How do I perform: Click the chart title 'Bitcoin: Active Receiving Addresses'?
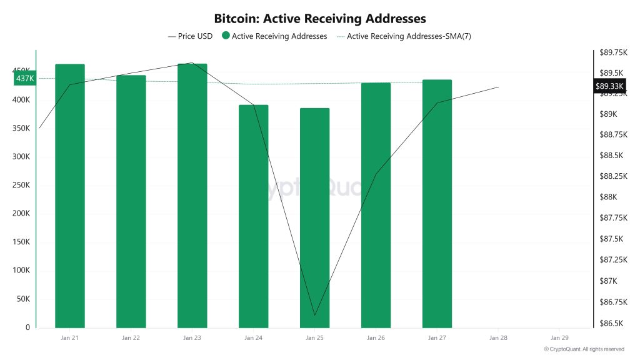[319, 19]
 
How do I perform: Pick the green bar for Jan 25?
[314, 218]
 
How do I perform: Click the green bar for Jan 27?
[437, 204]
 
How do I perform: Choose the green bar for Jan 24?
[254, 216]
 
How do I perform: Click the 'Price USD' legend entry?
[191, 36]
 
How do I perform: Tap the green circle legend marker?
[226, 36]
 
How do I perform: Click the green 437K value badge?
[25, 78]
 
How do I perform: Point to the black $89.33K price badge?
[609, 86]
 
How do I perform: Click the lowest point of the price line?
[314, 315]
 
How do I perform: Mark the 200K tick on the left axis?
[21, 214]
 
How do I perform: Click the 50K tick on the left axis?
[23, 299]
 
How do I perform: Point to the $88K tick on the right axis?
[608, 197]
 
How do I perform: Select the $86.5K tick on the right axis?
[612, 323]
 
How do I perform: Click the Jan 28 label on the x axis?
[498, 338]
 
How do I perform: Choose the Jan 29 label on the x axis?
[559, 338]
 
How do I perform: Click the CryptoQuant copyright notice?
[584, 349]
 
